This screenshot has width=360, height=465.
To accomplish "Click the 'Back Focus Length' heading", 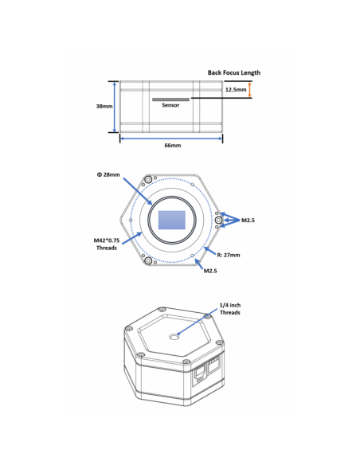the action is [233, 72].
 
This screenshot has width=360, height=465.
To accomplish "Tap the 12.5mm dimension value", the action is [236, 89].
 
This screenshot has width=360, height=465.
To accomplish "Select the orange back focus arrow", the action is [249, 89].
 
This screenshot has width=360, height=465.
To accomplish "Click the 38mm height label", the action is [104, 106].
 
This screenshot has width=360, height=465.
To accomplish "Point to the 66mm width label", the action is [173, 145].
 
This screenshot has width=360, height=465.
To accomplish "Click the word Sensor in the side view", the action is [170, 105].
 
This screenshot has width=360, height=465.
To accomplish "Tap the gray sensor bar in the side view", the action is [170, 100].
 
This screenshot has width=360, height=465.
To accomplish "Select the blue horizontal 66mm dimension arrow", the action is [171, 139].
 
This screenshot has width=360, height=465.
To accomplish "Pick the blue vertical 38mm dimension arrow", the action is [115, 107].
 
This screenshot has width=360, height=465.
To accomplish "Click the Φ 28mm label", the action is [108, 174].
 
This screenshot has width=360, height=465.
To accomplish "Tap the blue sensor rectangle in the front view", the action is [172, 220].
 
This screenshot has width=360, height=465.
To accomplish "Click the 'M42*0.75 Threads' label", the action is [107, 244].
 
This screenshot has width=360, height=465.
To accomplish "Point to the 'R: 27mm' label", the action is [229, 255].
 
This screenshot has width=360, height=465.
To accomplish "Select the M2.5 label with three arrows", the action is [248, 220].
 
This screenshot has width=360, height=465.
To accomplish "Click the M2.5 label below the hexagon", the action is [210, 271].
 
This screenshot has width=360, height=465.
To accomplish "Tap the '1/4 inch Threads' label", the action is [230, 309].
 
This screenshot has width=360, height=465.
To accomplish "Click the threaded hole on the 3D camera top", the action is [174, 337].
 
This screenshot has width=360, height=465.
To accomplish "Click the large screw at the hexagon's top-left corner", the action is [148, 179].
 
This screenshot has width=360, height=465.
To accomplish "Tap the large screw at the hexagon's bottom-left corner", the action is [148, 261].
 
